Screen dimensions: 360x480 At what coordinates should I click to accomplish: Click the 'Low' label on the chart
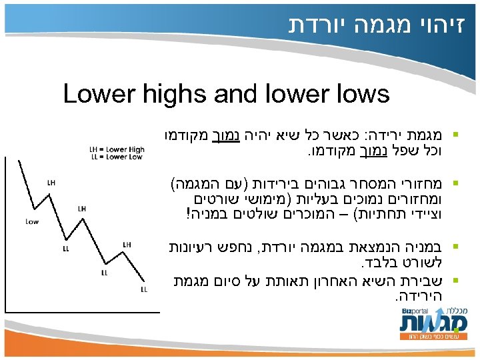click(x=31, y=221)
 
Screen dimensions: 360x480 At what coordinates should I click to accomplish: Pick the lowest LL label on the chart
click(x=144, y=290)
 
